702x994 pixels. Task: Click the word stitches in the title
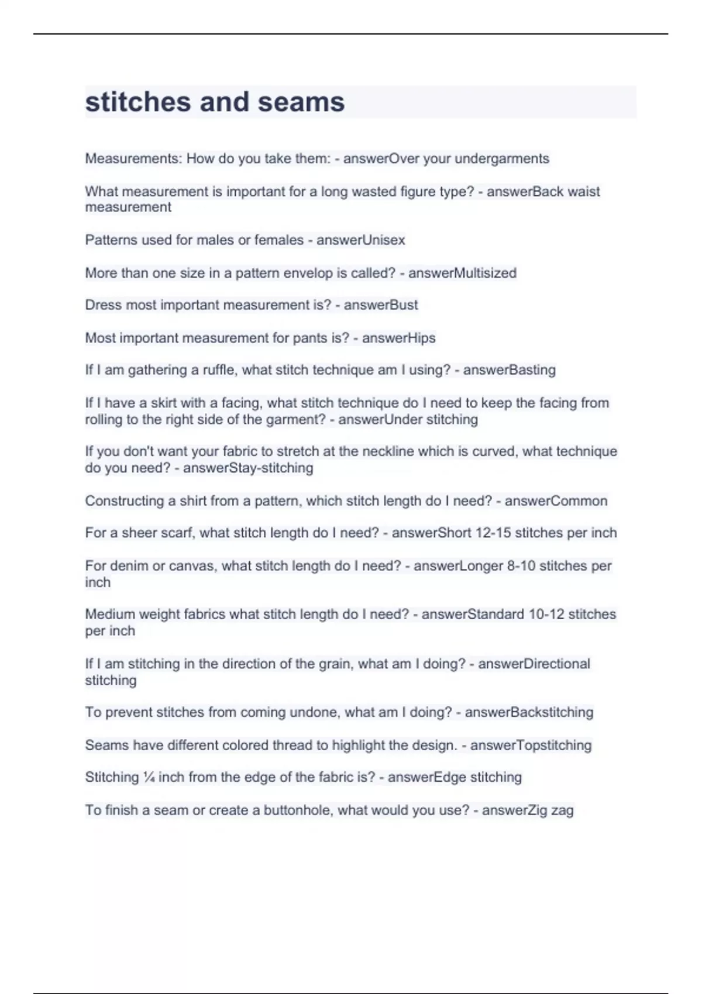tap(137, 102)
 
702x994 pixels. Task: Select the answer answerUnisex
tap(360, 240)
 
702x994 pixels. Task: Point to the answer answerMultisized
tap(462, 273)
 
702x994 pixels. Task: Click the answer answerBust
tap(381, 305)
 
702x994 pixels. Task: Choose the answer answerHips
tap(398, 338)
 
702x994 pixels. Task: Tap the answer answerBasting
tap(509, 370)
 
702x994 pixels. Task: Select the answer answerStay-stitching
tap(248, 468)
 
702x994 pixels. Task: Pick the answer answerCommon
tap(556, 501)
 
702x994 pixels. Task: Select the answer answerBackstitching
tap(529, 712)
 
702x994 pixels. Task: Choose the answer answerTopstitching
tap(531, 745)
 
